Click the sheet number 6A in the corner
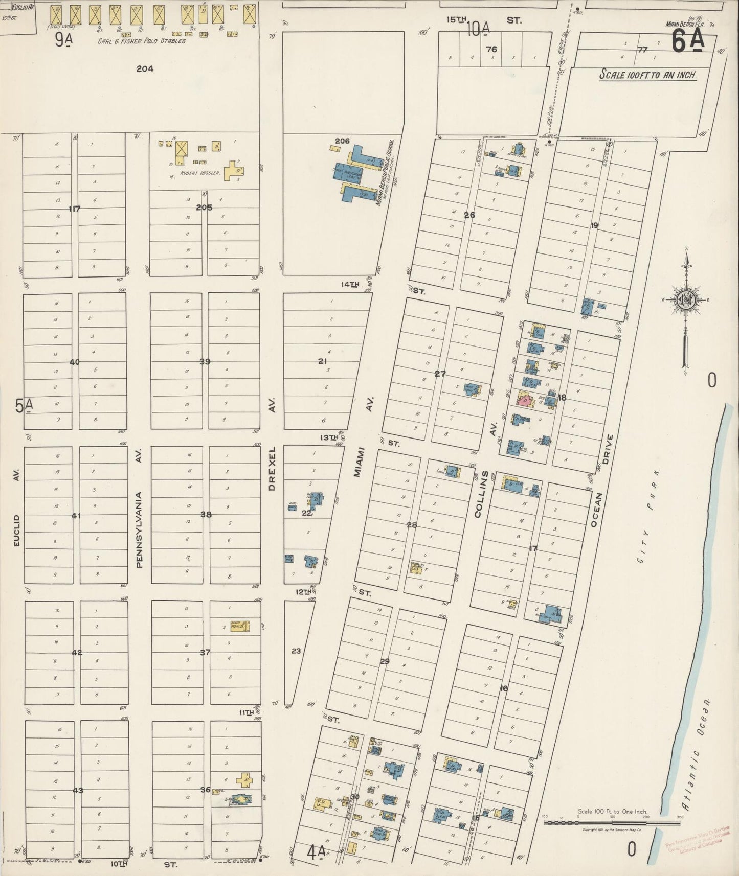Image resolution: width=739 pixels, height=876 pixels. (687, 42)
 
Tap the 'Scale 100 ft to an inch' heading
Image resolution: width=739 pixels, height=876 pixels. (647, 75)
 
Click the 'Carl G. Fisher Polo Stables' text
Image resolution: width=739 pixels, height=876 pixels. (142, 41)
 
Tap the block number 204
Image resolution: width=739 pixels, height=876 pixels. (145, 68)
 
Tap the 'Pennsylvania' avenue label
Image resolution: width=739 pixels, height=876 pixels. (139, 529)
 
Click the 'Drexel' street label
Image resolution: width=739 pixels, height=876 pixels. (272, 469)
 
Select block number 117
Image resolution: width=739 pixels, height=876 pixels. (75, 209)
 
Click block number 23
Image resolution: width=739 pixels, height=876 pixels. (296, 651)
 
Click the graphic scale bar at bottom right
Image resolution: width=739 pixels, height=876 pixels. (611, 822)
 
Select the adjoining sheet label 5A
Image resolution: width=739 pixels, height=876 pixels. (24, 406)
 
